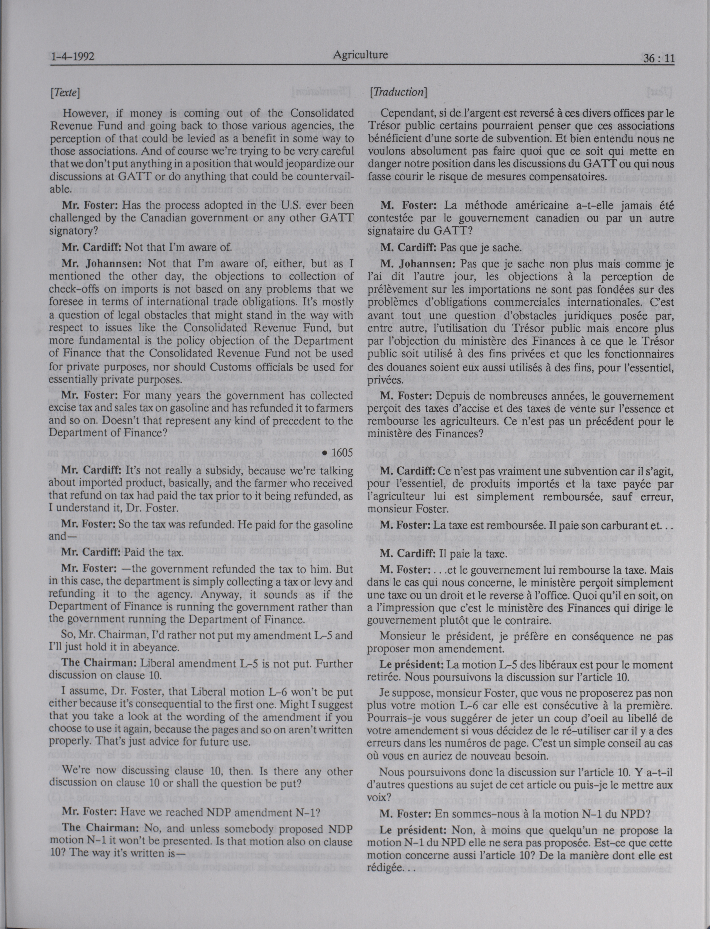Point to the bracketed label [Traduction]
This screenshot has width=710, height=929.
point(398,92)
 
